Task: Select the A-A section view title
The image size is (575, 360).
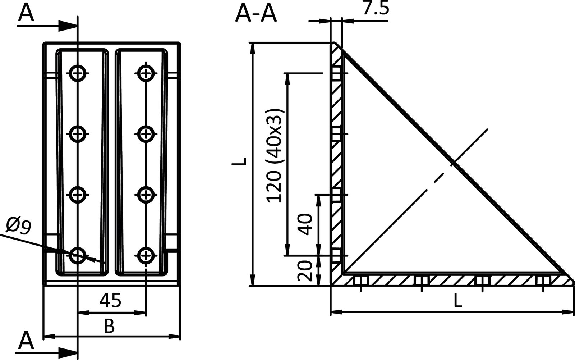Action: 256,14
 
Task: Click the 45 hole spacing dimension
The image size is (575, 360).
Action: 110,301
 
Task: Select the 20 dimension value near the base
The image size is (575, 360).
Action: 305,272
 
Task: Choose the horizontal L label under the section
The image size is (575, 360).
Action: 457,300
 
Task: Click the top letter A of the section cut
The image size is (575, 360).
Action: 26,13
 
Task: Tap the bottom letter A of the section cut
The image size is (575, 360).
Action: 26,341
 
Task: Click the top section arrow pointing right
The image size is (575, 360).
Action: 66,25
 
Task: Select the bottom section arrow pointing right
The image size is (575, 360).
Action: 66,351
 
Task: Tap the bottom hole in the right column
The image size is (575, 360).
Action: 146,256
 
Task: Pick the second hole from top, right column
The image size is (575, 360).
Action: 146,134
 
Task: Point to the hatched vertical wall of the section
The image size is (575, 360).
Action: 336,162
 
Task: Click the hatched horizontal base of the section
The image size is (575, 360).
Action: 449,280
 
